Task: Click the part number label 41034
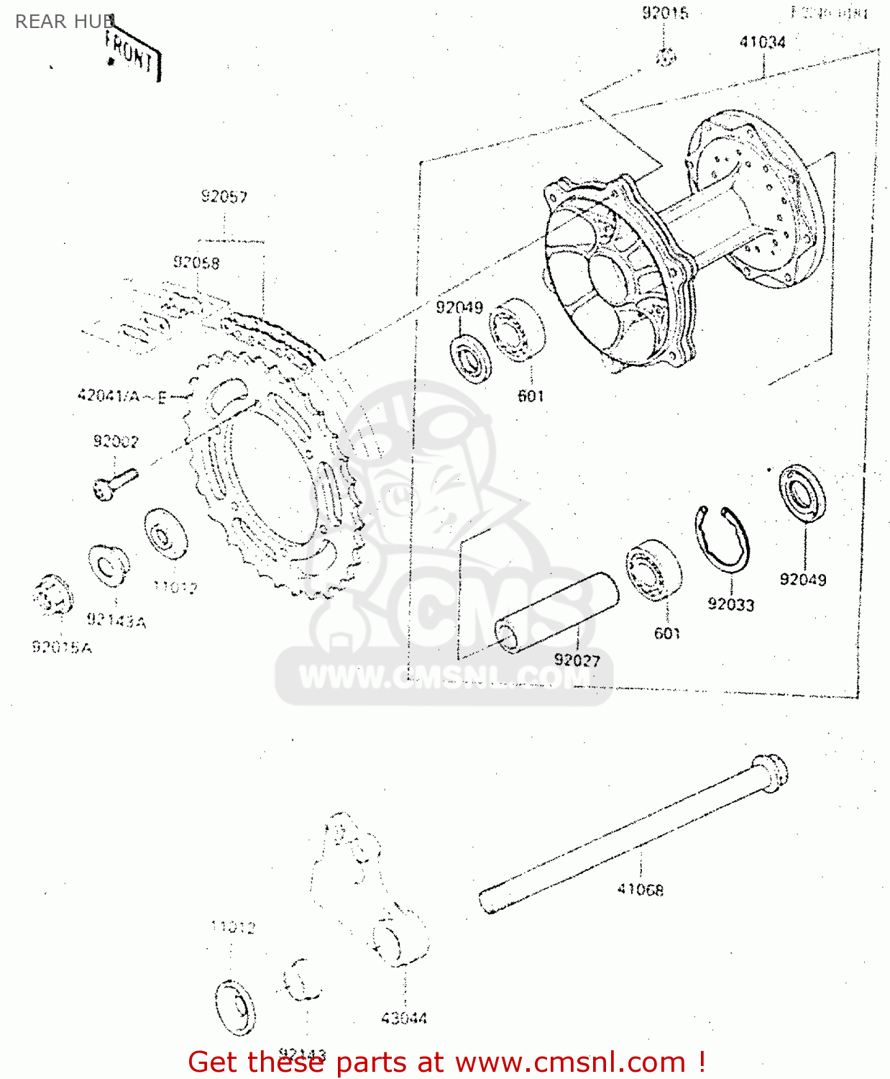coord(762,42)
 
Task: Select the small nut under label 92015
coord(666,56)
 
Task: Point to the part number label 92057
coord(224,196)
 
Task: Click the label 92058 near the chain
coord(196,263)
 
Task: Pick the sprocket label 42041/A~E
coord(122,396)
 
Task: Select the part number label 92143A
coord(116,620)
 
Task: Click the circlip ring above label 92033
coord(722,539)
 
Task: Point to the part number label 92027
coord(577,660)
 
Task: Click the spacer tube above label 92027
coord(556,613)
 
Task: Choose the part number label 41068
coord(640,890)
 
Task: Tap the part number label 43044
coord(403,1018)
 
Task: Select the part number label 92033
coord(730,604)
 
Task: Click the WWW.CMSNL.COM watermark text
coord(444,677)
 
